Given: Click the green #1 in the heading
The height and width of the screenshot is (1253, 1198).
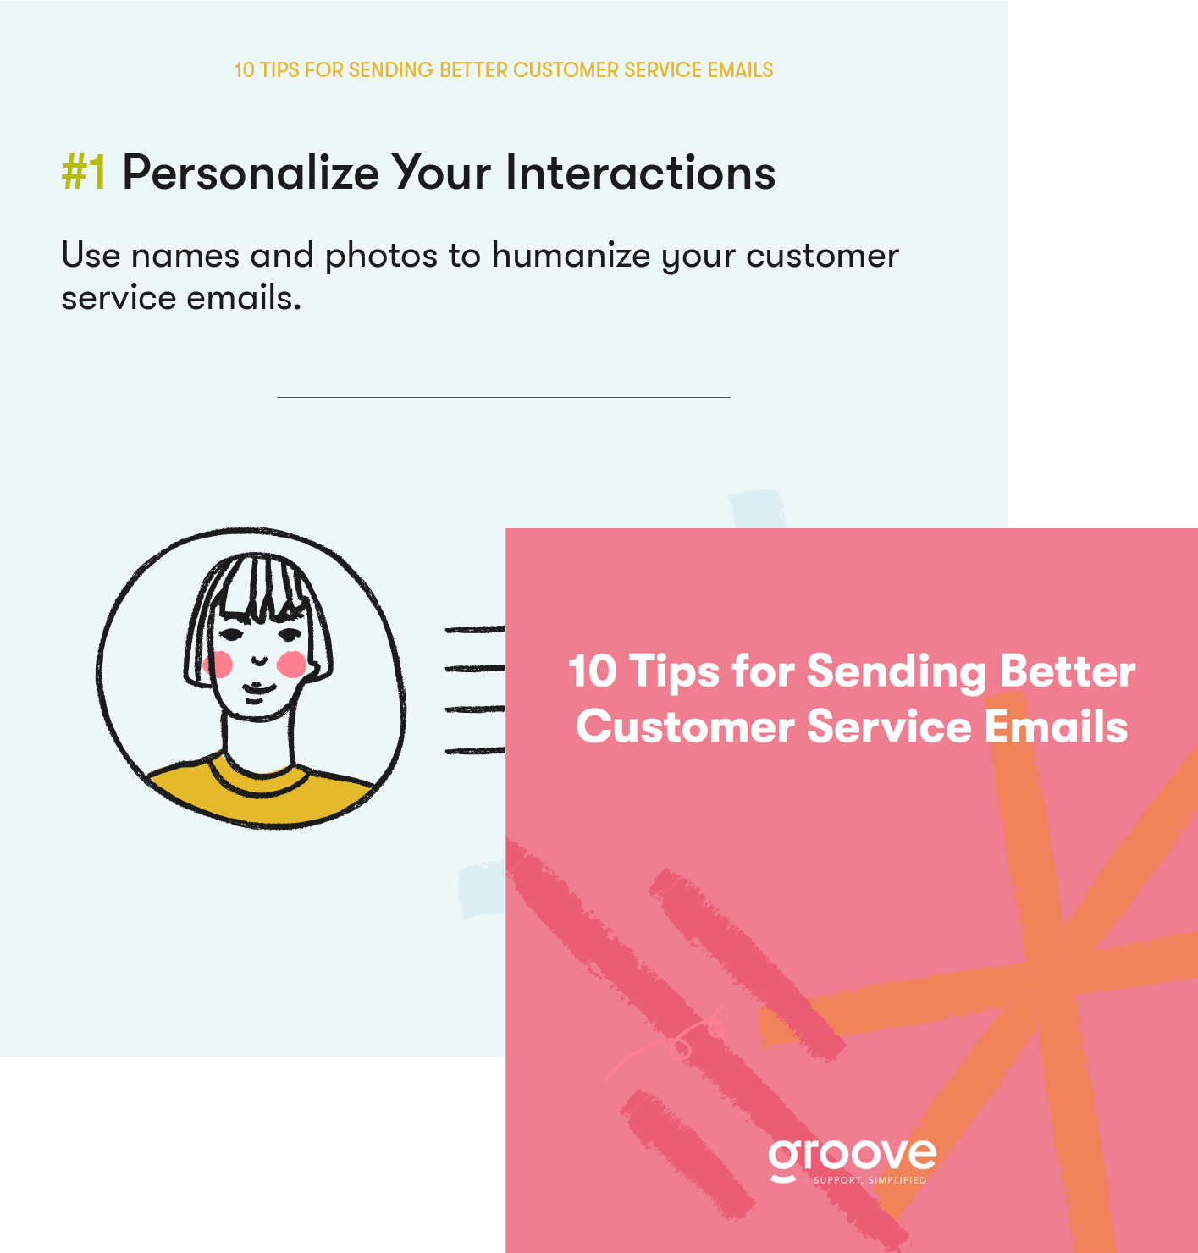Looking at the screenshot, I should coord(84,173).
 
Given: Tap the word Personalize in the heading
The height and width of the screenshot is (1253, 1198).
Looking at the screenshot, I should coord(250,173).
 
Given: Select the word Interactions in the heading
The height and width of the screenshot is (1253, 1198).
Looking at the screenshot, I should coord(640,173).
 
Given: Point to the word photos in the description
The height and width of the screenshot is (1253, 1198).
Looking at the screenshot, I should coord(381,256).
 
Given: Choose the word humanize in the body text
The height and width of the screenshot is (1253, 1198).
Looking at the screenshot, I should coord(571,256).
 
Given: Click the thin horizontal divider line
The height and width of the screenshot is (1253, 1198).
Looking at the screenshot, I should coord(503,397).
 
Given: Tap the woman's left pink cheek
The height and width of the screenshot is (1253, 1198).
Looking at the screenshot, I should coord(218,665).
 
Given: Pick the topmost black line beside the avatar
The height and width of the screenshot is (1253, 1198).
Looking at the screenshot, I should coord(474,629).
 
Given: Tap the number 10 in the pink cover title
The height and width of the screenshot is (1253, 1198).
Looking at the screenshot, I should coord(593,671).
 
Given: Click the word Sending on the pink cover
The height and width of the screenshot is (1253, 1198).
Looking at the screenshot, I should coord(896,671).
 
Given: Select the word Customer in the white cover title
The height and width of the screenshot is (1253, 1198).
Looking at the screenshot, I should coord(685,726).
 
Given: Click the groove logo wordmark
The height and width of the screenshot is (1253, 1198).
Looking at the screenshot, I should coord(852,1156).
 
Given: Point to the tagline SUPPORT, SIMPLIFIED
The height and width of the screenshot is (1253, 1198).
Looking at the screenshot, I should coord(870,1180).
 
